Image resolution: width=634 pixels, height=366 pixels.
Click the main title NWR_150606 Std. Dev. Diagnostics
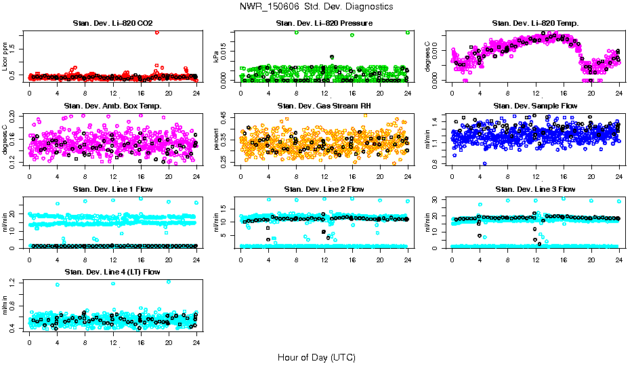(x=316, y=7)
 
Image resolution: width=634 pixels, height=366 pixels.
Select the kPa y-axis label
(x=217, y=57)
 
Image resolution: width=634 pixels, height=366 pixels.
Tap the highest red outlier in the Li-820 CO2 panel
(x=157, y=33)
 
